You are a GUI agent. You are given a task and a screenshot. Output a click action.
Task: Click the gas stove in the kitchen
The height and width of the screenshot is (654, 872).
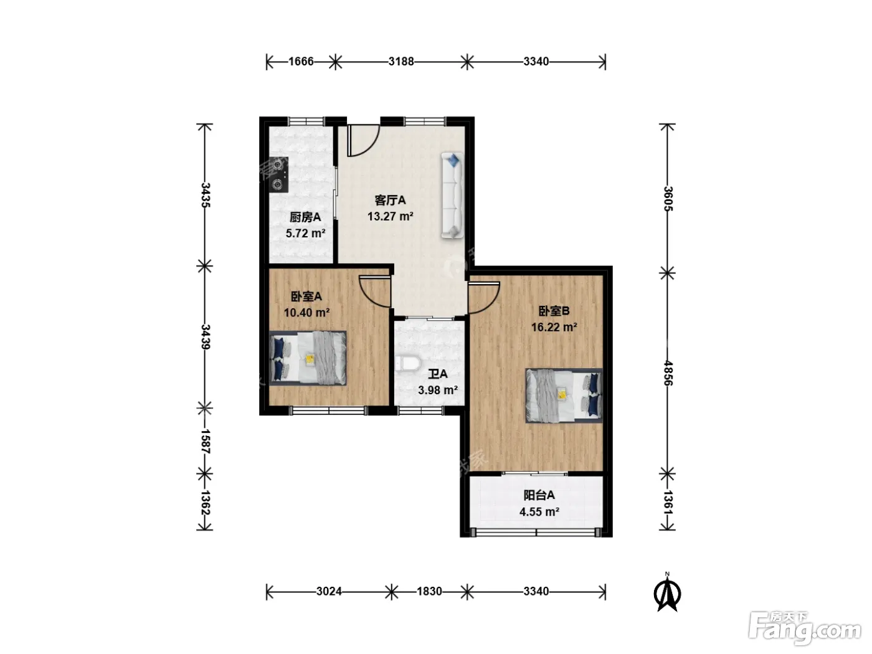pyautogui.click(x=278, y=175)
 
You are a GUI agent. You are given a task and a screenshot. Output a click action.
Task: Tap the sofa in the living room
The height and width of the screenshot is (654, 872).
pyautogui.click(x=452, y=196)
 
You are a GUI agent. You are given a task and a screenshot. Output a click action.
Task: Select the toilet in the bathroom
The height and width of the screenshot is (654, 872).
pyautogui.click(x=407, y=363)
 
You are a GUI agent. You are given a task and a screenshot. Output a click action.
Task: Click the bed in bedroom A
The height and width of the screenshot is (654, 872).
pyautogui.click(x=308, y=358)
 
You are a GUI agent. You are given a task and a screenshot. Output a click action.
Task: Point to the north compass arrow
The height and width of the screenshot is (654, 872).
pyautogui.click(x=668, y=594)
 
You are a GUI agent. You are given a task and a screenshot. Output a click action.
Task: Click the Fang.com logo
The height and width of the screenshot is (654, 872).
pyautogui.click(x=805, y=629)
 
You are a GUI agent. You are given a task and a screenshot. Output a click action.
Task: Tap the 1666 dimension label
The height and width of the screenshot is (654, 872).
pyautogui.click(x=301, y=62)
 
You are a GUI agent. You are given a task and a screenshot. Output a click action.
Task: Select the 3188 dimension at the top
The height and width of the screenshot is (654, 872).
pyautogui.click(x=401, y=62)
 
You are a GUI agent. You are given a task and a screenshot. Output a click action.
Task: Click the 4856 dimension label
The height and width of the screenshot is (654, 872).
pyautogui.click(x=668, y=373)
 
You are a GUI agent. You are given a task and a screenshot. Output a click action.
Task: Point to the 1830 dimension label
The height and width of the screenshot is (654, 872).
pyautogui.click(x=429, y=592)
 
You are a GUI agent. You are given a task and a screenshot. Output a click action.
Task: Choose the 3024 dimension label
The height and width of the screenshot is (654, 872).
pyautogui.click(x=329, y=592)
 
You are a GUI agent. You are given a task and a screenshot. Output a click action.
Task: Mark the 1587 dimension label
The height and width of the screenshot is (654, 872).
pyautogui.click(x=205, y=441)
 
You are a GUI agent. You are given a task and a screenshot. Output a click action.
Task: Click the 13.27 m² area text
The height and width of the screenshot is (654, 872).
pyautogui.click(x=390, y=216)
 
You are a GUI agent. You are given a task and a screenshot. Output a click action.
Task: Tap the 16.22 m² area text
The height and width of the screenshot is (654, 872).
pyautogui.click(x=554, y=327)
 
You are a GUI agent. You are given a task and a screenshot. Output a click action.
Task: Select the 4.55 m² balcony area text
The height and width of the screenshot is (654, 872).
pyautogui.click(x=539, y=512)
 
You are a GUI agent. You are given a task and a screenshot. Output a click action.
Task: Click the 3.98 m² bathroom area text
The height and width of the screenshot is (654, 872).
pyautogui.click(x=438, y=391)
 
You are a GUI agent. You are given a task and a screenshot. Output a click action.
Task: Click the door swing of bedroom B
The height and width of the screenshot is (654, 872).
pyautogui.click(x=483, y=298)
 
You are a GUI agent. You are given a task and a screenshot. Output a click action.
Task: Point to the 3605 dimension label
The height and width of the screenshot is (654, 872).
pyautogui.click(x=668, y=199)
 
